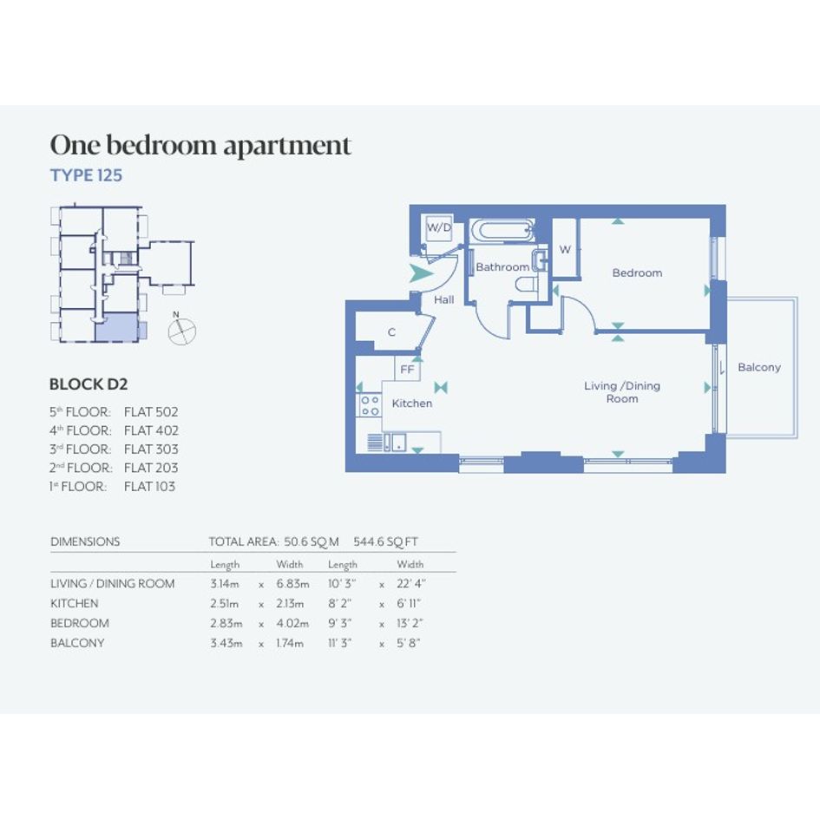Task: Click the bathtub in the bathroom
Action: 502,231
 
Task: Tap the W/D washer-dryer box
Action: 439,227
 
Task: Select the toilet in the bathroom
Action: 528,285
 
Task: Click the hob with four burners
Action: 370,405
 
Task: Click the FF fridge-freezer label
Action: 407,369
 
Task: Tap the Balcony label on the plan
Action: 758,367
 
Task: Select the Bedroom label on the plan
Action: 637,272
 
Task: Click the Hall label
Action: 444,299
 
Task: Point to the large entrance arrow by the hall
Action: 421,273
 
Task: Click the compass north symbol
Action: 181,329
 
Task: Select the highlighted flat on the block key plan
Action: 116,328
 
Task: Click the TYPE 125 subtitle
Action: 86,175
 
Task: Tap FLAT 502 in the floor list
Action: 151,412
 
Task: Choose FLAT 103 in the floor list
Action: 149,486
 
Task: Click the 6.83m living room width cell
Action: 292,584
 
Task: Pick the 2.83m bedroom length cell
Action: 226,623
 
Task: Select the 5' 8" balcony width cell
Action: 409,643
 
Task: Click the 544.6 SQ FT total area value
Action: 385,541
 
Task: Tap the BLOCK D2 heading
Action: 89,384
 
